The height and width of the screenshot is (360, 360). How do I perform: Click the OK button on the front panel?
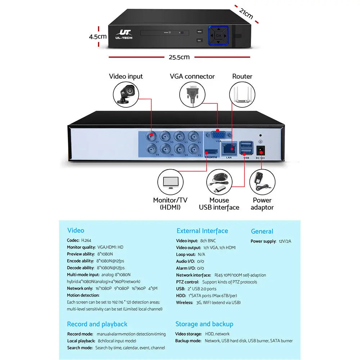(219, 35)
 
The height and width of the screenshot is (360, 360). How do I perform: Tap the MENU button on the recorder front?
(199, 31)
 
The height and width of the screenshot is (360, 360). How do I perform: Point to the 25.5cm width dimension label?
(179, 57)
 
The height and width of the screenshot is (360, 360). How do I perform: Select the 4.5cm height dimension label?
(98, 36)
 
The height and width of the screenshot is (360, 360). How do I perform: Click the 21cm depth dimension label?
(246, 14)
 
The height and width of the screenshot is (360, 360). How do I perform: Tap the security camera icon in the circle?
(125, 93)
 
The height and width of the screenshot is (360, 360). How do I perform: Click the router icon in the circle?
(242, 94)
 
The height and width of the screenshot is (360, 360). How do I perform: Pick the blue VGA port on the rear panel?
(218, 135)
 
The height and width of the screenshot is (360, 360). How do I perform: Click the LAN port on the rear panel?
(229, 148)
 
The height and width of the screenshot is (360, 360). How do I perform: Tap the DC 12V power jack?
(260, 150)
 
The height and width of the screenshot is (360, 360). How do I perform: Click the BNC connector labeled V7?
(151, 136)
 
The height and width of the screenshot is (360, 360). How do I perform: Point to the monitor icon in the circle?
(170, 183)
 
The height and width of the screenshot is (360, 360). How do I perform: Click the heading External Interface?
(202, 231)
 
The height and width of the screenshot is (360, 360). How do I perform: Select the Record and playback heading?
(97, 324)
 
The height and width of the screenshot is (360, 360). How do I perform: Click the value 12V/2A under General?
(285, 241)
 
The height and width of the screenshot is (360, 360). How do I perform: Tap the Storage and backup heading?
(204, 324)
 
